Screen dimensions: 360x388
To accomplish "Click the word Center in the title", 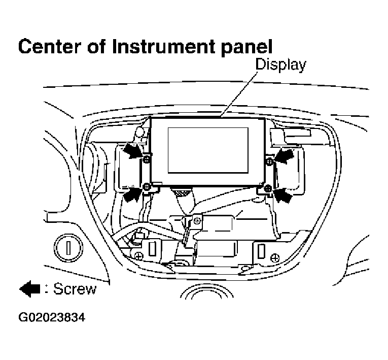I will [x=47, y=46].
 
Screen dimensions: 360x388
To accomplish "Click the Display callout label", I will [x=280, y=64].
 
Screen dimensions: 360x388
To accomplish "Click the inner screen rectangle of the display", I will [x=207, y=148].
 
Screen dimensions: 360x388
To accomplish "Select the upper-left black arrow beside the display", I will [x=133, y=151].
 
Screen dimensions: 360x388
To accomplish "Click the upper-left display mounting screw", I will [x=147, y=159].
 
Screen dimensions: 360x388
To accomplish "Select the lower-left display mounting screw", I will [x=147, y=187].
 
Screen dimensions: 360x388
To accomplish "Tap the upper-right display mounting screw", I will [x=269, y=161].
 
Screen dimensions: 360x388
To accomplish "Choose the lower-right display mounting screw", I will [x=268, y=189].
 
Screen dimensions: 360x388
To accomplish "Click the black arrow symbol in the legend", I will [x=29, y=289].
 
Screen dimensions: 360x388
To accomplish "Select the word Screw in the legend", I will [x=75, y=289].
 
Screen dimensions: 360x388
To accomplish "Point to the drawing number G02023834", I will [x=52, y=318].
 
